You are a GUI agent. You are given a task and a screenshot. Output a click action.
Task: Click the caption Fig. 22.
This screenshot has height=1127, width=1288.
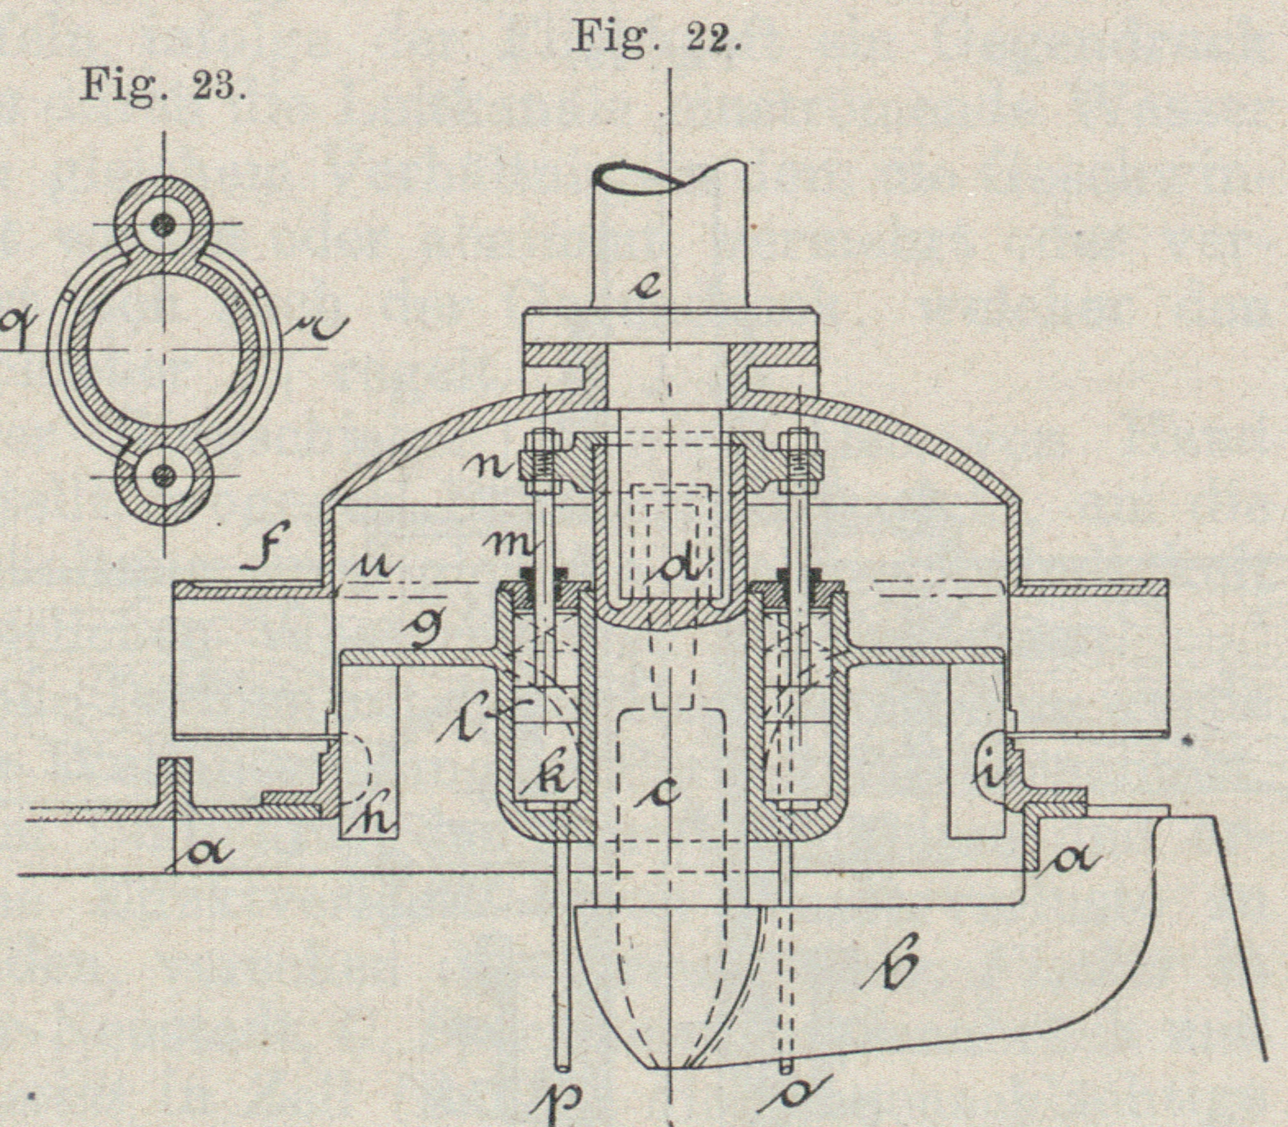[x=655, y=37]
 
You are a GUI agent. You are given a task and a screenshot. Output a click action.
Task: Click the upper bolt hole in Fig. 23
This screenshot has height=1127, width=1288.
[x=165, y=223]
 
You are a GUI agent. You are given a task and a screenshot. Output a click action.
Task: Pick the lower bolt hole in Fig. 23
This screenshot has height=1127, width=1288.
[x=165, y=474]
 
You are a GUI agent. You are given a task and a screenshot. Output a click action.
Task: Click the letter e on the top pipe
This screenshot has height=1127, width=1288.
[x=652, y=288]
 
